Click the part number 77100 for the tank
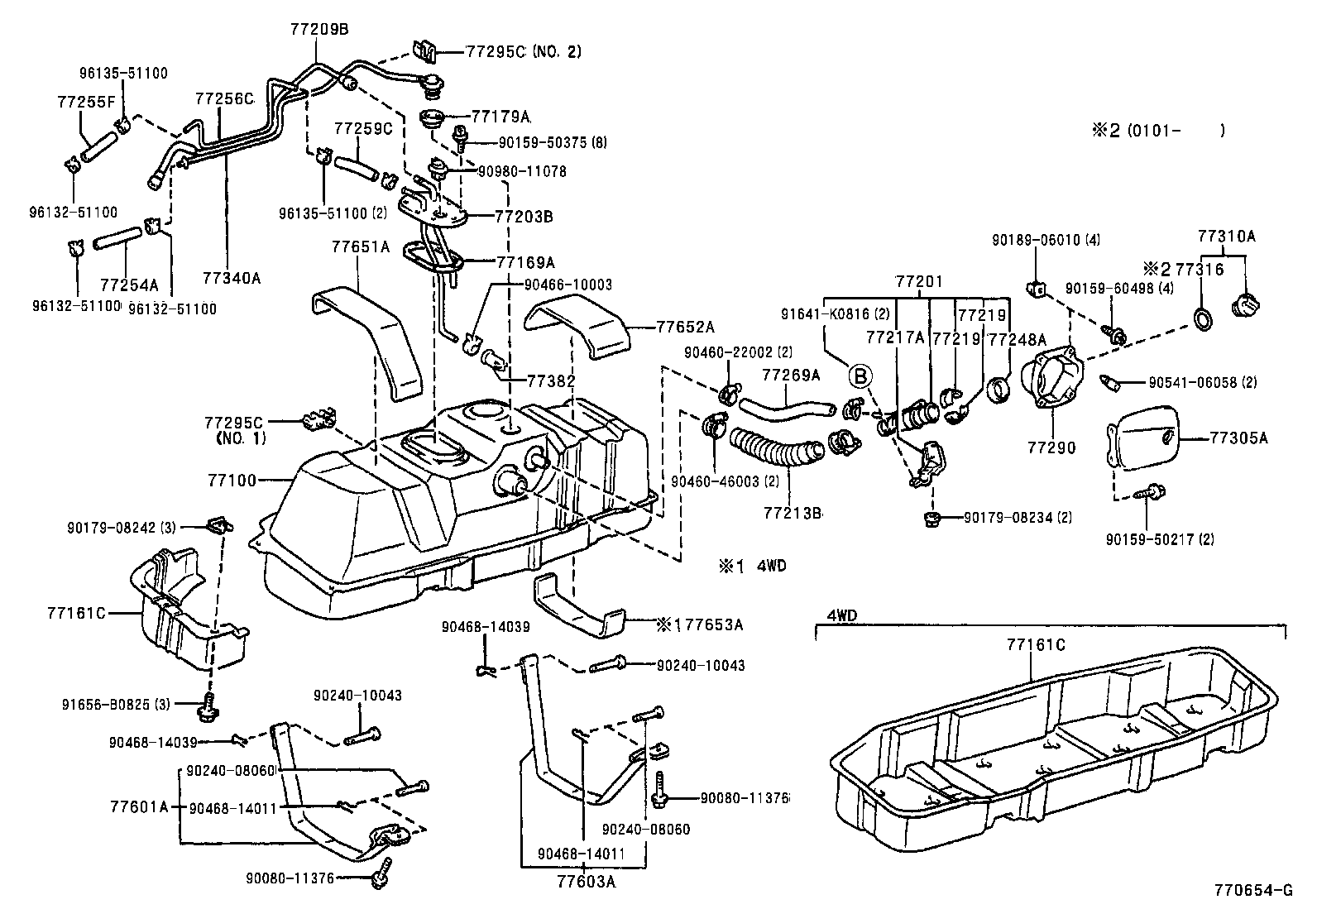pos(234,480)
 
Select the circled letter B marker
pos(860,377)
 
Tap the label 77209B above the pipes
pos(320,29)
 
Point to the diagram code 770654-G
pos(1252,891)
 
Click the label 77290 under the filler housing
pos(1051,447)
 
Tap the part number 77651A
pos(360,246)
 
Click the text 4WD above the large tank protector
pos(843,617)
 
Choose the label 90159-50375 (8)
pos(542,142)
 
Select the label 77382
pos(551,380)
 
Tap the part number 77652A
pos(686,327)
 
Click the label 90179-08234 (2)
pos(1018,518)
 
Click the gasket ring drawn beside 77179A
pos(434,118)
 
